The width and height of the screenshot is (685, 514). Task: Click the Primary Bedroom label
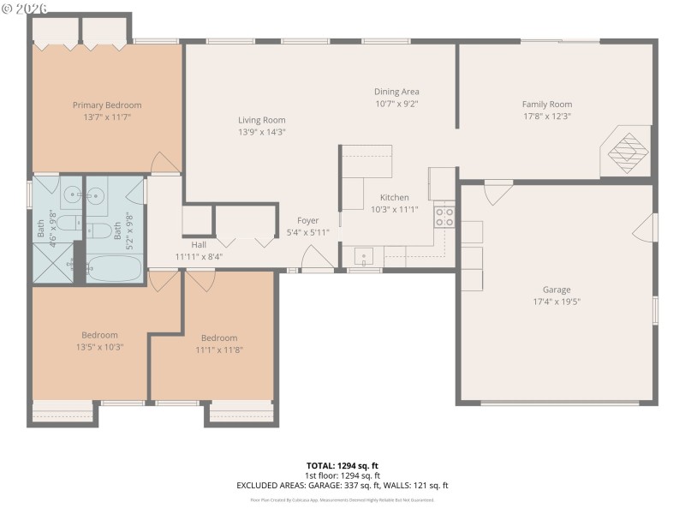tap(107, 105)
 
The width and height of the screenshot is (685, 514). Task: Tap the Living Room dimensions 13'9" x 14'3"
tap(262, 132)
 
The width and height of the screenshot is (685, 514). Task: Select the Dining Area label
tap(396, 92)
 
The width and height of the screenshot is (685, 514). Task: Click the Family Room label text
tap(546, 105)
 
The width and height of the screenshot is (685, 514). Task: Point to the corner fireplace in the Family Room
tap(627, 151)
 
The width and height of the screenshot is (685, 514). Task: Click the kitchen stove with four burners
tap(444, 217)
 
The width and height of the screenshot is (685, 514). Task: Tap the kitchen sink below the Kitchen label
tap(363, 256)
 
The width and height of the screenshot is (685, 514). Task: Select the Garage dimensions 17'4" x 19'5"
tap(557, 302)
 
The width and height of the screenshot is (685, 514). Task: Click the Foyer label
tap(307, 221)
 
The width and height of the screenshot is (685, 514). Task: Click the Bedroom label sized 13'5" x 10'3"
tap(100, 335)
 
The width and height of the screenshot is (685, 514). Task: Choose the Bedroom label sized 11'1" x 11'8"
tap(219, 338)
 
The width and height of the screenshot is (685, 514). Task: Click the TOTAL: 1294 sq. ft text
tap(342, 466)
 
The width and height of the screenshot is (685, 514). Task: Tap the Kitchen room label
tap(395, 197)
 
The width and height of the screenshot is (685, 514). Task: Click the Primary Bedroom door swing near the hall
tap(164, 164)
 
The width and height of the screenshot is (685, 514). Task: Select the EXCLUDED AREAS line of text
tap(342, 485)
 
